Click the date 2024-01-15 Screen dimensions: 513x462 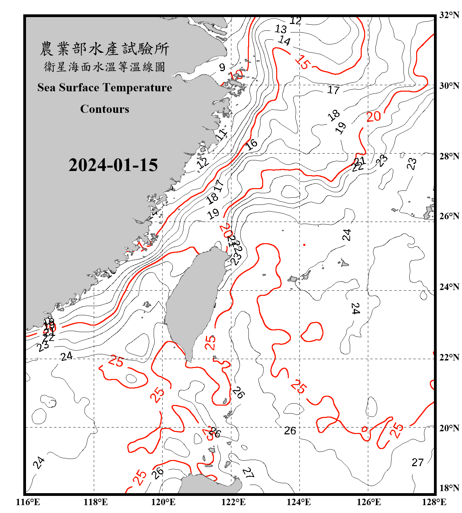(x=113, y=165)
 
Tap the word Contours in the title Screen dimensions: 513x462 (x=105, y=109)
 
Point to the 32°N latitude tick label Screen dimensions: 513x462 (x=449, y=15)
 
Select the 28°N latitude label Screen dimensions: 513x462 (x=449, y=156)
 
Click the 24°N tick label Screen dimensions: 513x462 (x=449, y=287)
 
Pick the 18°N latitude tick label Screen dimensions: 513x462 (x=449, y=488)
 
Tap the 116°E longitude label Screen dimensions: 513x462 (x=28, y=502)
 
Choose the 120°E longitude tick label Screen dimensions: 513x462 (x=163, y=502)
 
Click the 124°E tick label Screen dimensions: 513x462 (x=299, y=502)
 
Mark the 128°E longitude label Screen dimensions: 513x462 (x=434, y=502)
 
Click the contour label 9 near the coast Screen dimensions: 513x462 (x=222, y=67)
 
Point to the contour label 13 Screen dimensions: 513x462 (x=281, y=29)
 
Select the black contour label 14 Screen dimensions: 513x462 (x=284, y=41)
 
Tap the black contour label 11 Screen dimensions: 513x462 (x=221, y=135)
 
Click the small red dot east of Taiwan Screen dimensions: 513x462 (x=304, y=245)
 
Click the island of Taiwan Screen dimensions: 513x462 (x=195, y=298)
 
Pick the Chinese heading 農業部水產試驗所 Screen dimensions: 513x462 (x=104, y=49)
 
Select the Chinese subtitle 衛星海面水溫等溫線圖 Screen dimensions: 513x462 (x=104, y=67)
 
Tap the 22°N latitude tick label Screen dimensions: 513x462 (x=449, y=357)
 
